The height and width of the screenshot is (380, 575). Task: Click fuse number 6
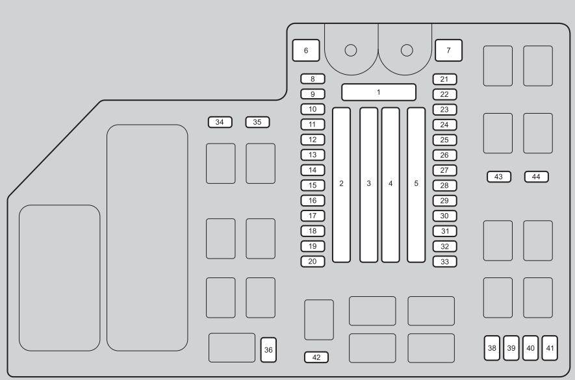coord(306,50)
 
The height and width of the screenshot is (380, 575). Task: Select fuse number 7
coord(448,50)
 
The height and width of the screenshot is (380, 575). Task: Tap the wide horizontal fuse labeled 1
coord(379,92)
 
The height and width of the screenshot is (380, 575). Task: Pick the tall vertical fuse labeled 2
coord(342,184)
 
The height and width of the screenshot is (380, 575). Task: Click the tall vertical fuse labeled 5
coord(416,184)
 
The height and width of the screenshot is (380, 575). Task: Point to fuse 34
coord(220,122)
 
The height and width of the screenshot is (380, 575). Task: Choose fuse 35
coord(257,122)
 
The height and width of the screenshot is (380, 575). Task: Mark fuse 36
coord(268,350)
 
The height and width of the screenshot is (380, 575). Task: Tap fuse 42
coord(316,357)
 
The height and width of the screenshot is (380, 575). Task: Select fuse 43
coord(498,177)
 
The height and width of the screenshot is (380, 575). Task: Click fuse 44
coord(536,177)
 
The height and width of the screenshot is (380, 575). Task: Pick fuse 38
coord(492,348)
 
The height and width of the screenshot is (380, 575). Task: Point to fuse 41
coord(549,348)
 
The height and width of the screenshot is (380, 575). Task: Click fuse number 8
coord(313,79)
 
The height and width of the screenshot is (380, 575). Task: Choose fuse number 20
coord(313,262)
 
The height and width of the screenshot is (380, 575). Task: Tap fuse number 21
coord(444,79)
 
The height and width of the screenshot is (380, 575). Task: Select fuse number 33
coord(444,262)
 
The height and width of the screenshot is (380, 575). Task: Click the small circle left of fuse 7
coord(407,50)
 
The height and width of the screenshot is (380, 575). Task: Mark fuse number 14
coord(313,170)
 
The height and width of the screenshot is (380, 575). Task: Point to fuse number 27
coord(444,170)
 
